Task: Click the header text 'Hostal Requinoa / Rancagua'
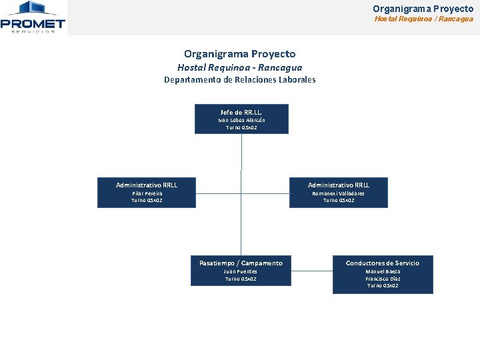[423, 19]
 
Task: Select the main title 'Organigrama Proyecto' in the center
[240, 54]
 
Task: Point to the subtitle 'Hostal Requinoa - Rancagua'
[240, 67]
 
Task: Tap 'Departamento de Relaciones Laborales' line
[240, 80]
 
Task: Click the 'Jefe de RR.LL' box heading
[241, 112]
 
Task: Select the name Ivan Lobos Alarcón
[241, 120]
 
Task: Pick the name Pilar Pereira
[147, 193]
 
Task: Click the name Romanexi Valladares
[339, 193]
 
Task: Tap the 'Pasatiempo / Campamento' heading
[241, 263]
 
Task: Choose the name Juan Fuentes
[241, 271]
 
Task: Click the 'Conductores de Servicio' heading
[383, 263]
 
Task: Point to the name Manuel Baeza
[383, 271]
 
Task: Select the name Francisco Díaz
[383, 279]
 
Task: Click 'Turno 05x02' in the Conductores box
[383, 285]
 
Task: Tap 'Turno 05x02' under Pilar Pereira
[147, 200]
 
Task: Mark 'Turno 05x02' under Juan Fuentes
[241, 279]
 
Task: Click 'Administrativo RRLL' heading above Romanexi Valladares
[339, 185]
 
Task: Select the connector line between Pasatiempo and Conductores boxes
[312, 271]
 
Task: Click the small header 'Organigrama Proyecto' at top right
[423, 9]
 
